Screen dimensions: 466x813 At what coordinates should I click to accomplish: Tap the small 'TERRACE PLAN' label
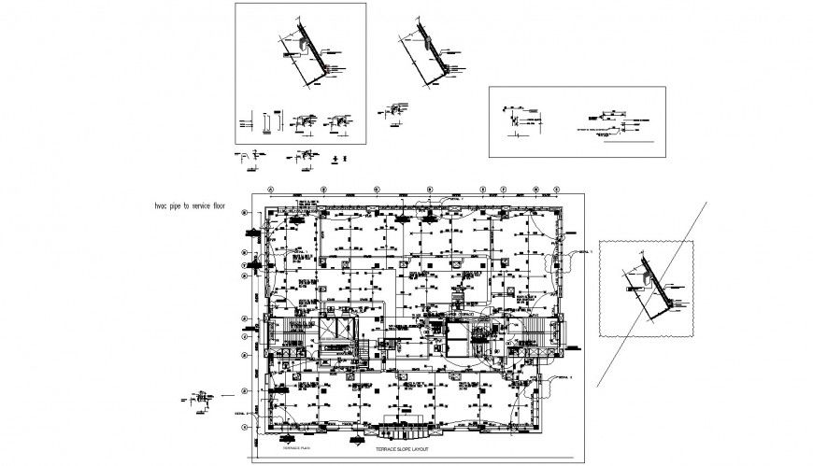(295, 448)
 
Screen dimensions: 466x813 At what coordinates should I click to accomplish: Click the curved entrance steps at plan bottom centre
(404, 432)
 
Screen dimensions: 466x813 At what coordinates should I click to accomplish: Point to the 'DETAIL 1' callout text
(583, 252)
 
